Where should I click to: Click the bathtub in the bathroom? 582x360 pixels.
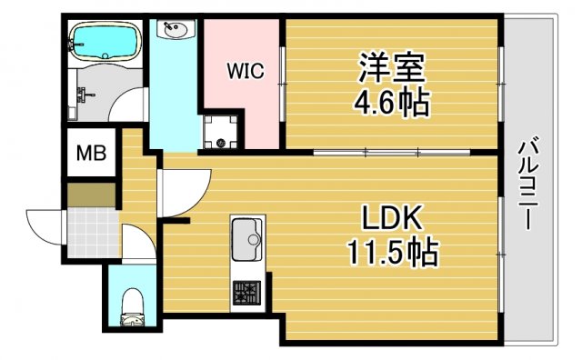[x=105, y=39]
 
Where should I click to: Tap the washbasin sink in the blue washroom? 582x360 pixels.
[x=175, y=31]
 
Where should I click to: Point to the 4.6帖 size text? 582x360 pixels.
[x=392, y=100]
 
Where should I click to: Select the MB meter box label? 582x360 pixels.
[x=90, y=154]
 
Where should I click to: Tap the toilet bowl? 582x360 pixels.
[x=132, y=305]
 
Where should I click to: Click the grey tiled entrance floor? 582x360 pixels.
[x=92, y=232]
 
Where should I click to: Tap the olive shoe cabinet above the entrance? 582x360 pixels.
[x=91, y=195]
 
